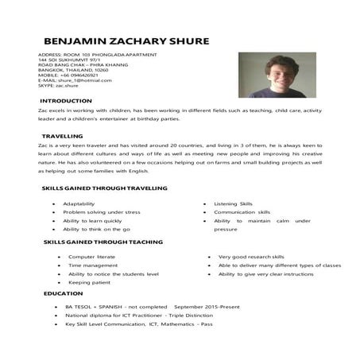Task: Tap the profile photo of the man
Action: click(x=271, y=75)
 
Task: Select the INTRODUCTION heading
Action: click(x=71, y=102)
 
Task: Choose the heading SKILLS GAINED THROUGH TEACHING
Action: click(x=103, y=242)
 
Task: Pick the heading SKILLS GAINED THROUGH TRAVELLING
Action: click(x=104, y=188)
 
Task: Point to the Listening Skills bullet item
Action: click(x=233, y=203)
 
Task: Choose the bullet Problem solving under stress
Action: click(x=102, y=212)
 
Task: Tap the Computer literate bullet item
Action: click(x=92, y=257)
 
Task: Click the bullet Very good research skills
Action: click(x=251, y=257)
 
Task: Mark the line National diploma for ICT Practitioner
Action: click(x=119, y=315)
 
